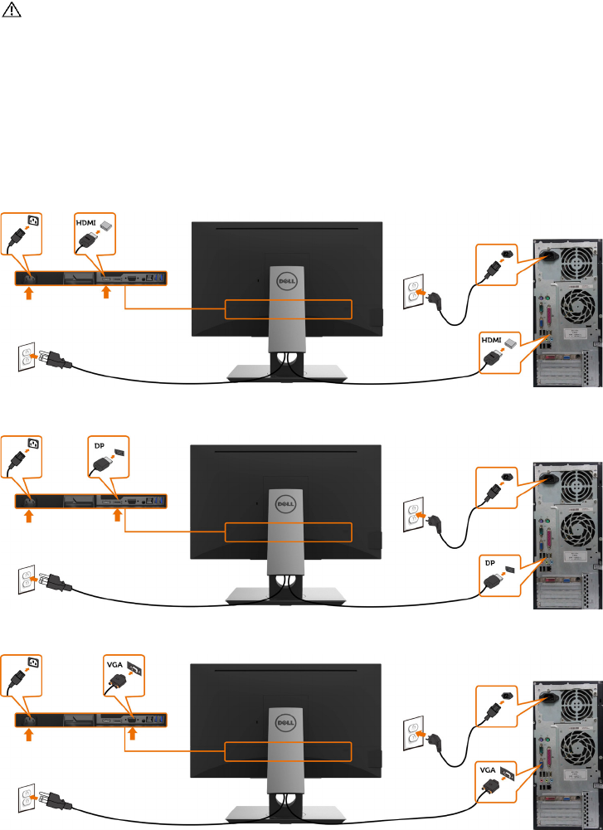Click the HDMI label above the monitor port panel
(86, 223)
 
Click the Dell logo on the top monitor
(286, 282)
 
